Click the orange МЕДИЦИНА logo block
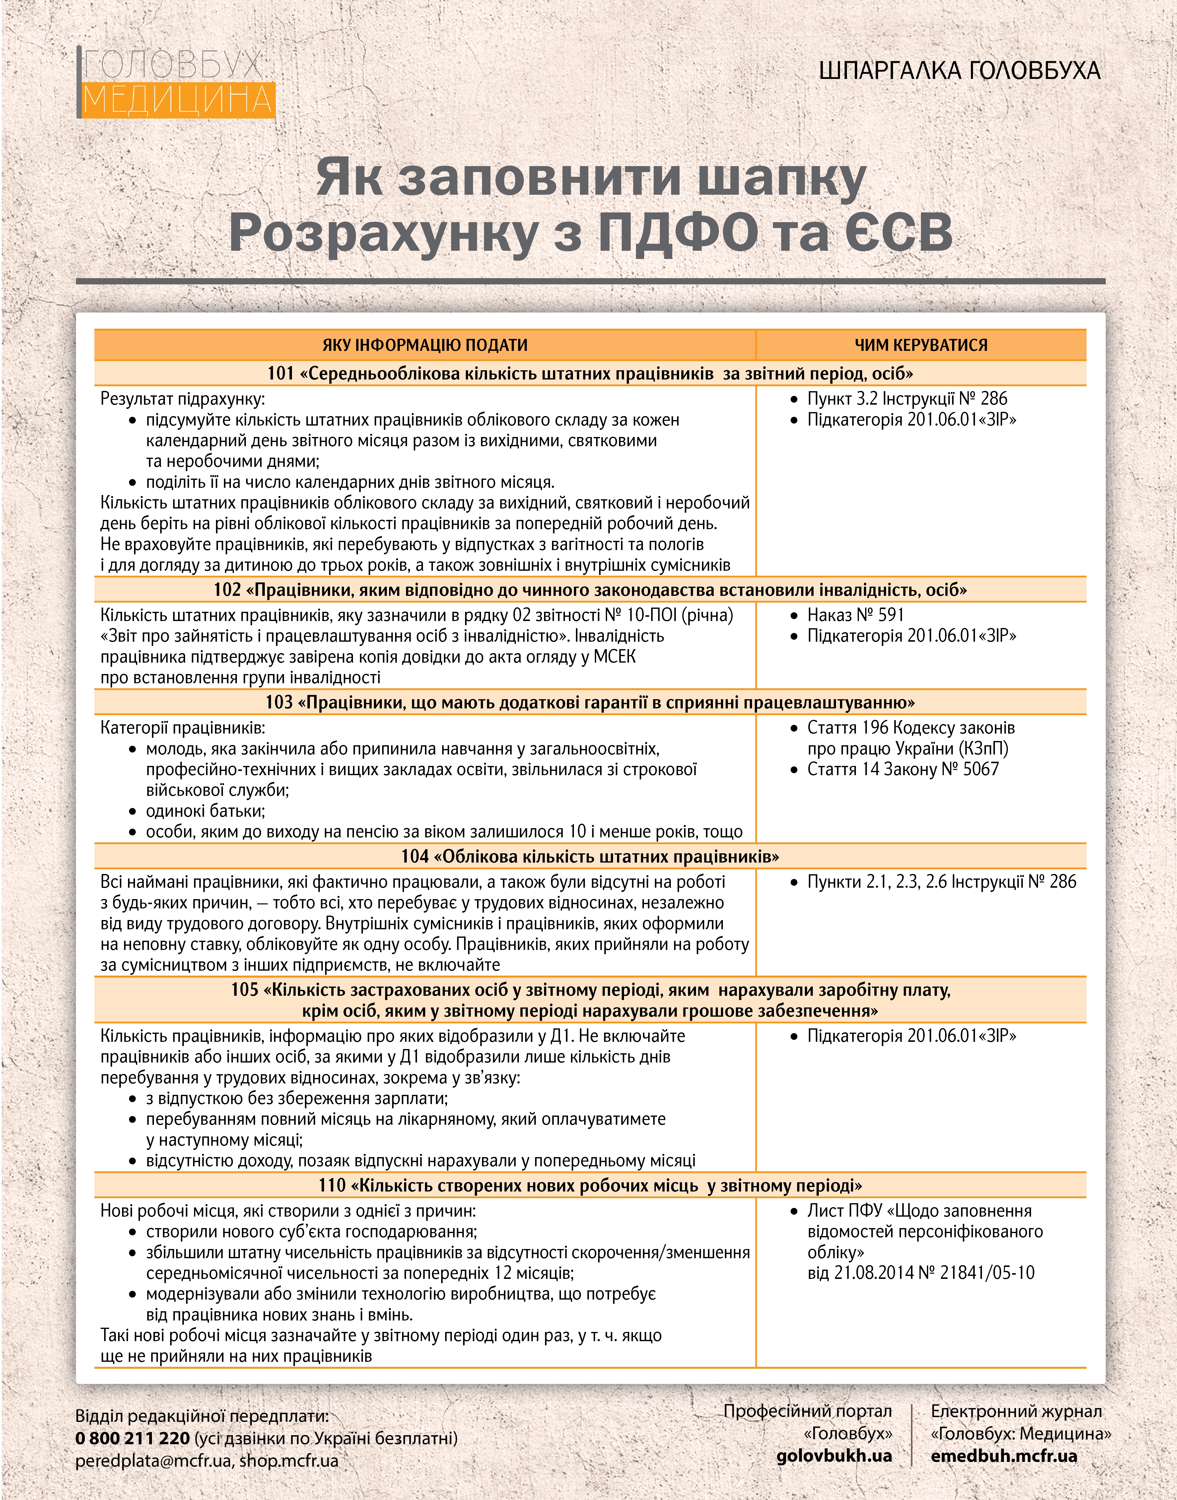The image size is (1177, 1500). point(178,100)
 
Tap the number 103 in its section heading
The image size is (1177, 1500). point(279,702)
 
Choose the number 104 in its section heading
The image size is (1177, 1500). point(415,857)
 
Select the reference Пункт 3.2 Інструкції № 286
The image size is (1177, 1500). point(907,399)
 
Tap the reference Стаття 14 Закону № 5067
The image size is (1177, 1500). point(903,769)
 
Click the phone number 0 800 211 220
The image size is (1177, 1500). point(132,1439)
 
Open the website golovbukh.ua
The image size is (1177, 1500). point(834,1456)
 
